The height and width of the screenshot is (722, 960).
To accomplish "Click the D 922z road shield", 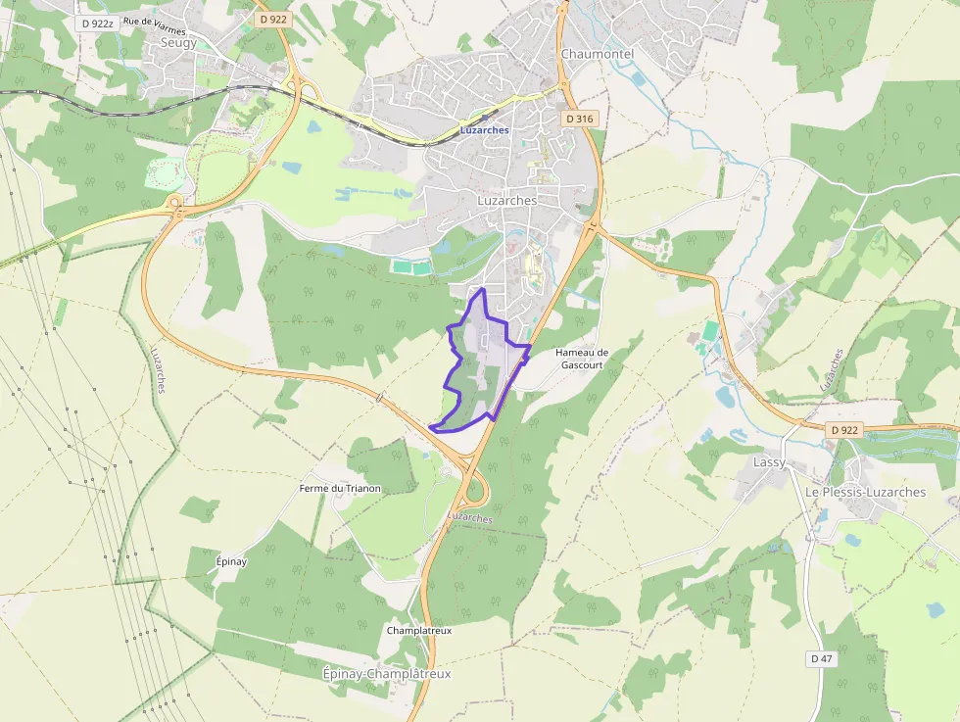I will click(x=99, y=22).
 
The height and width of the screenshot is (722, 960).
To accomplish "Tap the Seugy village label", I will click(x=178, y=43).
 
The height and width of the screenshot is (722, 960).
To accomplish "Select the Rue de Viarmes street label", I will click(x=155, y=25).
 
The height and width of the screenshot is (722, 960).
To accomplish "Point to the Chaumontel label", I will click(x=598, y=54).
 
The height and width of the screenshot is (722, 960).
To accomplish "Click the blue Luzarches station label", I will click(x=484, y=129).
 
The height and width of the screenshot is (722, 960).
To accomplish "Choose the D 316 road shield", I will click(x=579, y=119).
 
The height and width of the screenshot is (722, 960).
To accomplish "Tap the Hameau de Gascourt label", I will click(x=582, y=358).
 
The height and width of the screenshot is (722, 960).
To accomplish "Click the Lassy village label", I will click(x=769, y=461).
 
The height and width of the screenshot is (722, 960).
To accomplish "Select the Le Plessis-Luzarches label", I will click(x=865, y=492).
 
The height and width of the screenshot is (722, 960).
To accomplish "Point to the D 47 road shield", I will click(x=822, y=659).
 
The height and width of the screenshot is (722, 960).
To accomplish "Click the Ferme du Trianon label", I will click(x=340, y=488).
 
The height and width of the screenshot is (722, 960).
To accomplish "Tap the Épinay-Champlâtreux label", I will click(x=386, y=674).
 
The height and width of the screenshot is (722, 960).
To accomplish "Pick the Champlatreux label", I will click(x=419, y=631).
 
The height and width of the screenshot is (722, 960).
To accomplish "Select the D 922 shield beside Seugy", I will click(x=272, y=19).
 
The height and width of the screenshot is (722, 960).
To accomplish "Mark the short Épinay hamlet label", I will click(x=231, y=561).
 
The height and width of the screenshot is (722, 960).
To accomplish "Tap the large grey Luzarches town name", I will click(x=506, y=200).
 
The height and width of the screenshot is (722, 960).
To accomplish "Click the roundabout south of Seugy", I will click(x=175, y=205).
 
